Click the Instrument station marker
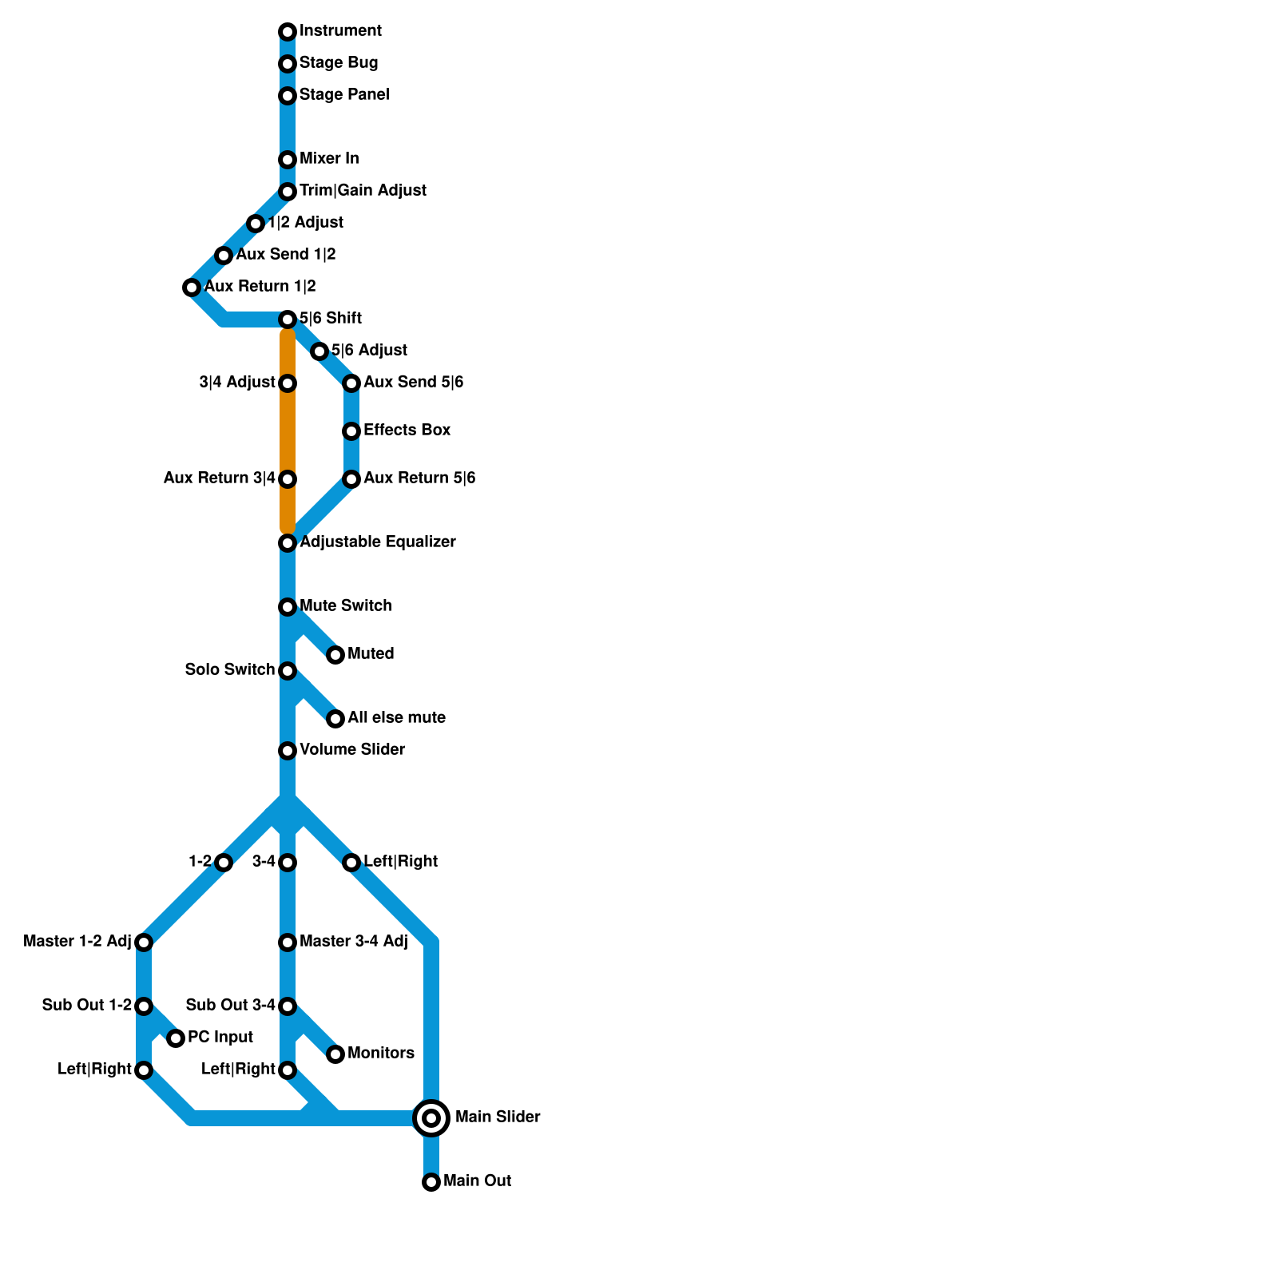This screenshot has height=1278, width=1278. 288,32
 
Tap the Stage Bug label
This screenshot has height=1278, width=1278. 339,63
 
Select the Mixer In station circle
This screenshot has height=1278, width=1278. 288,160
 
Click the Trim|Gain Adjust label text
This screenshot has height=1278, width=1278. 363,191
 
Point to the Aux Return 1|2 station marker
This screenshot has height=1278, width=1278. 192,288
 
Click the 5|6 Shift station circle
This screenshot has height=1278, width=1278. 288,319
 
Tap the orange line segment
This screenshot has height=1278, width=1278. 288,431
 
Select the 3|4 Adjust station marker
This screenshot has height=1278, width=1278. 288,383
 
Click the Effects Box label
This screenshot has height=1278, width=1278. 407,431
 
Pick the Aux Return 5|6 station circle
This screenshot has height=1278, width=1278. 351,479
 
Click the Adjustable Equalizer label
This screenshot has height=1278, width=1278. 377,542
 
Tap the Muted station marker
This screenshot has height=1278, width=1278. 335,655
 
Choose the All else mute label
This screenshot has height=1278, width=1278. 396,718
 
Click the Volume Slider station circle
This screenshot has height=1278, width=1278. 288,751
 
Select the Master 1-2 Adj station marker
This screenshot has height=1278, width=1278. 144,943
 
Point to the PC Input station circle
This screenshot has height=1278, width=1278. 176,1038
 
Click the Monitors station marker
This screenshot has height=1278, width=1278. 335,1054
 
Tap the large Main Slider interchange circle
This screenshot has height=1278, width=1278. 431,1118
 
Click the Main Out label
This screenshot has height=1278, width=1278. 477,1181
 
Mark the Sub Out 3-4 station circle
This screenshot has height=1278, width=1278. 288,1006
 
